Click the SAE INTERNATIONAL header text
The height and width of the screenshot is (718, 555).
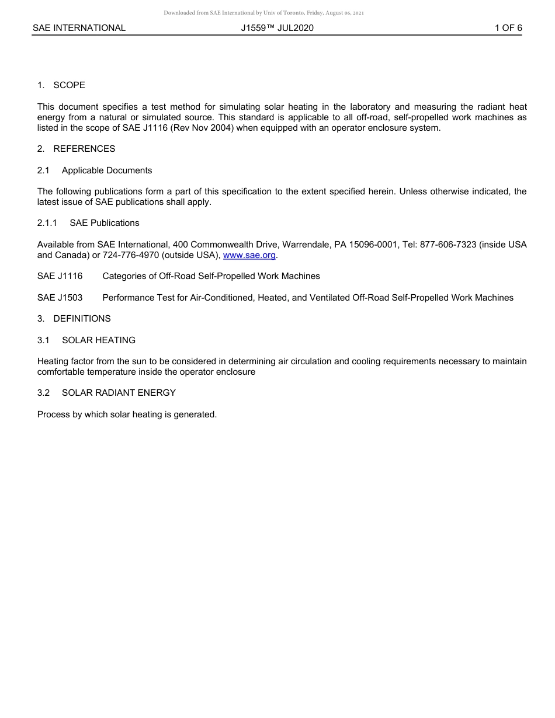(x=79, y=28)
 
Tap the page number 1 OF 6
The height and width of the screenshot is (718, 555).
(x=508, y=28)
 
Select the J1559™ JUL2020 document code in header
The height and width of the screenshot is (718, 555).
(x=277, y=28)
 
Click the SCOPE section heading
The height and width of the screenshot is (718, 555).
(x=69, y=85)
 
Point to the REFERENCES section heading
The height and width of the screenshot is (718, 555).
(x=84, y=149)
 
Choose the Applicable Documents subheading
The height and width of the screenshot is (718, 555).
(x=107, y=170)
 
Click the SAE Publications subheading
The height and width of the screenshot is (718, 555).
(x=105, y=223)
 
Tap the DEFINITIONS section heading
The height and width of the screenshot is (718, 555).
(x=82, y=319)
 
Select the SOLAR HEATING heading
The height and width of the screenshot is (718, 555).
(x=99, y=340)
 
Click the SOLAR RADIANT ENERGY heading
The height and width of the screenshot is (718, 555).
(x=119, y=393)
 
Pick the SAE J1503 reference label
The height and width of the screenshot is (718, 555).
(x=60, y=298)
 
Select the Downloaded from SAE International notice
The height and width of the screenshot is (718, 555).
(x=264, y=12)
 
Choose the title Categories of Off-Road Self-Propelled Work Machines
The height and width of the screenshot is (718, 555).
(x=211, y=276)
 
